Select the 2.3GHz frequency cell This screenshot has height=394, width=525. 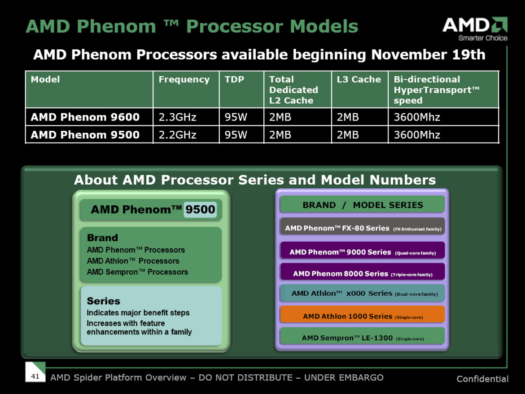(178, 117)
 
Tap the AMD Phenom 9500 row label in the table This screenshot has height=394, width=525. (85, 135)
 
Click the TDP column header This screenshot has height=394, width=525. (234, 80)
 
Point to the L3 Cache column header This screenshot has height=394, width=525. (359, 80)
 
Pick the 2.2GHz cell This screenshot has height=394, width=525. (178, 135)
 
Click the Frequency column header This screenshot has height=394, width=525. (184, 80)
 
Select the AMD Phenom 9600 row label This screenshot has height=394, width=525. (85, 117)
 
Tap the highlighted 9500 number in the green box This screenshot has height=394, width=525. (200, 209)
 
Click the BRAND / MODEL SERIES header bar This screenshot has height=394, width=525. (363, 205)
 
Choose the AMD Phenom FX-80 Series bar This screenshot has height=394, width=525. (363, 228)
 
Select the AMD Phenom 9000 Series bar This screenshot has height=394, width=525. (363, 252)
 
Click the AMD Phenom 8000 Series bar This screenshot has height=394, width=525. (363, 273)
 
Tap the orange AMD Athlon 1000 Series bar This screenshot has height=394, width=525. (363, 316)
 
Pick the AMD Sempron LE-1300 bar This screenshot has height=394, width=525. (363, 338)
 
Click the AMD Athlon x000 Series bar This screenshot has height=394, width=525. (363, 294)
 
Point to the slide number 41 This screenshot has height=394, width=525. (35, 376)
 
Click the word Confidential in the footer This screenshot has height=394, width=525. (482, 379)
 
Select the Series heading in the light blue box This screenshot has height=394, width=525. (103, 301)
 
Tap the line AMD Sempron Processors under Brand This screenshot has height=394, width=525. (137, 272)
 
